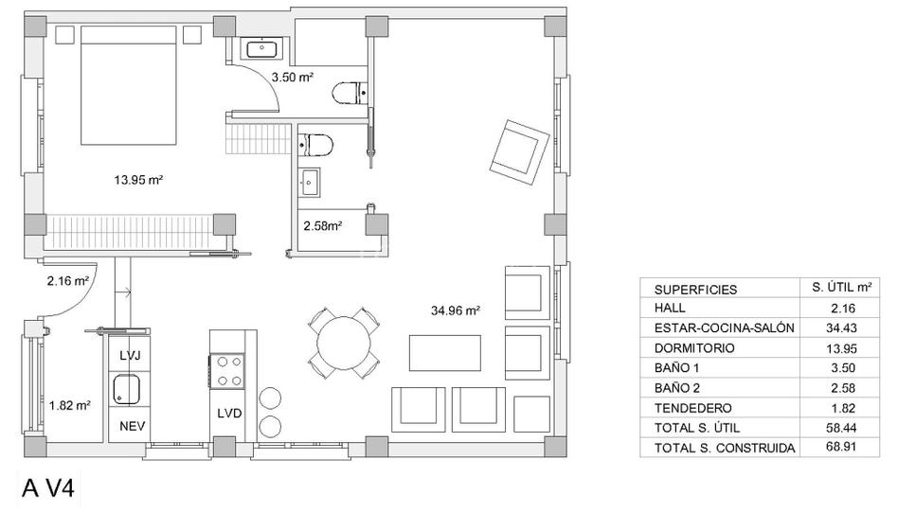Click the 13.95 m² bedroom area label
(138, 180)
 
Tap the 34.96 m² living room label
(456, 310)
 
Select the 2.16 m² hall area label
(67, 280)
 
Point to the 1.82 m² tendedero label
(69, 405)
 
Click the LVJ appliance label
(130, 356)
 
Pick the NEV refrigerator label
(132, 426)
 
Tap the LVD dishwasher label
(229, 413)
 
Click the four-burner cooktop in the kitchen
(228, 371)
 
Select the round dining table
(344, 344)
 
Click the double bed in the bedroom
(128, 85)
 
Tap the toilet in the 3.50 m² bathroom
(349, 94)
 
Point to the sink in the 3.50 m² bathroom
(261, 48)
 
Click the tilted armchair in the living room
(519, 151)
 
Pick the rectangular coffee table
(445, 353)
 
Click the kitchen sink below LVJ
(126, 389)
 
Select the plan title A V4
(48, 489)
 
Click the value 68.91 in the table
(841, 447)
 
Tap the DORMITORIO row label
(694, 348)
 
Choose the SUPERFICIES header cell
(696, 290)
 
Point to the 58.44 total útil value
(841, 428)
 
